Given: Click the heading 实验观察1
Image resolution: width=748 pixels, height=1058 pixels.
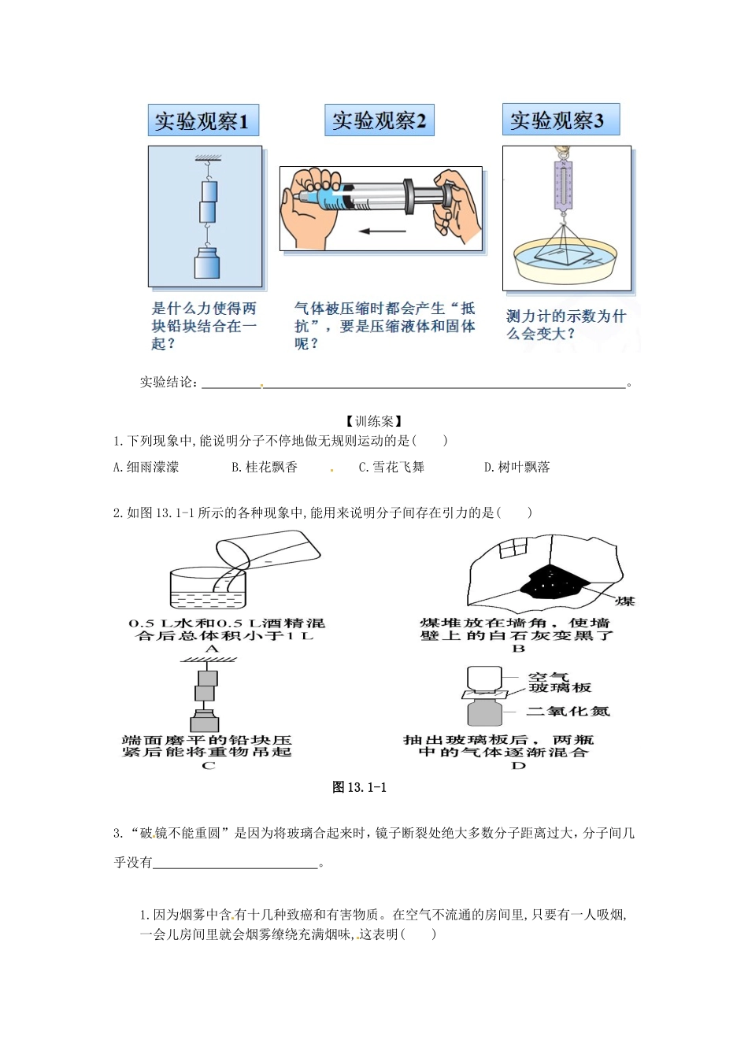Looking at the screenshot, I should (x=202, y=121).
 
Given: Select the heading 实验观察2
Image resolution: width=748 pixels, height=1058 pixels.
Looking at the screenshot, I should (x=379, y=120).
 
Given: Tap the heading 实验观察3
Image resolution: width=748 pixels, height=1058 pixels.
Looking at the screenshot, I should (x=560, y=120).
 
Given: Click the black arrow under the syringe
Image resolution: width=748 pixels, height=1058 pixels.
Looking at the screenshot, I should (x=382, y=231).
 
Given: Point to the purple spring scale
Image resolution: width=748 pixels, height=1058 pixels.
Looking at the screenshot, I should (x=563, y=187).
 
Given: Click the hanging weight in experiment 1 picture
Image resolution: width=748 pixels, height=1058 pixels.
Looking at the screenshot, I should (x=206, y=262).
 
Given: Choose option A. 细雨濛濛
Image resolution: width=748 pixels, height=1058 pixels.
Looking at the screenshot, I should (x=146, y=467).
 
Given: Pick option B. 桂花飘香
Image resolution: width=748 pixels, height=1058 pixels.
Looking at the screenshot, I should (x=265, y=467).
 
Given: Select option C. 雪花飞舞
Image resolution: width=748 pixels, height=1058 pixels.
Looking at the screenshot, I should (x=391, y=467).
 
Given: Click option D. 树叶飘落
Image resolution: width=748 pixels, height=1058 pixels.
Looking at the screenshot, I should (x=517, y=467).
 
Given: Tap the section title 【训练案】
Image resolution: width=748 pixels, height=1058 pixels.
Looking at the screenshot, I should (x=374, y=421).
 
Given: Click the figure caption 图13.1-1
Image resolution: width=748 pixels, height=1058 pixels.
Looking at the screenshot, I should (x=359, y=786).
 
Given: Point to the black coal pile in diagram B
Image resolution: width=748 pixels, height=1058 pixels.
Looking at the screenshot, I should (x=553, y=582).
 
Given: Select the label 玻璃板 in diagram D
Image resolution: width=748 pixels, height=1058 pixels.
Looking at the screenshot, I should (x=560, y=688).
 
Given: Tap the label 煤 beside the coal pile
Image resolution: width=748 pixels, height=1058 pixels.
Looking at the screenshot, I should (x=625, y=601).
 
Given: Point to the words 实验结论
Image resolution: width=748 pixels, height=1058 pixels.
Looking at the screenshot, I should (x=166, y=383).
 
